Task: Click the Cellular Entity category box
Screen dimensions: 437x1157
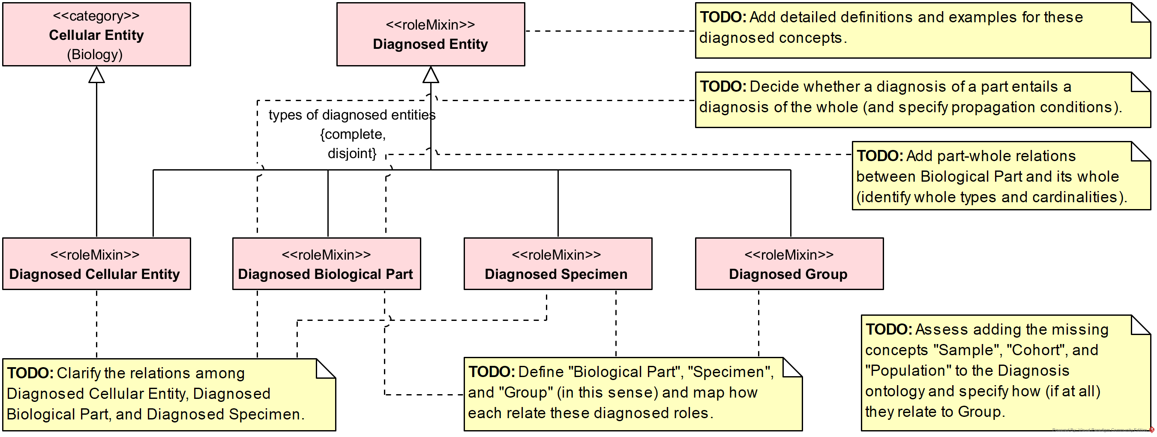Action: (x=96, y=35)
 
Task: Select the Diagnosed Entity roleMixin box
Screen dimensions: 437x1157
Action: (x=430, y=35)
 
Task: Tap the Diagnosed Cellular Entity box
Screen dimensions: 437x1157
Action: (x=96, y=264)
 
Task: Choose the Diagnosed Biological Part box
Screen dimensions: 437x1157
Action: (x=327, y=264)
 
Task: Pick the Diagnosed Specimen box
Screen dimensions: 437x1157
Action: (x=558, y=264)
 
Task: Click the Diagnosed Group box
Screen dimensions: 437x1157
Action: (x=789, y=264)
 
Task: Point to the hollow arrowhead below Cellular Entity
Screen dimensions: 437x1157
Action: (x=96, y=75)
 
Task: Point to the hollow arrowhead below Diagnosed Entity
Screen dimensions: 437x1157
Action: (x=431, y=75)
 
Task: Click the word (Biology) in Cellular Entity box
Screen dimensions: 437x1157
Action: (x=95, y=54)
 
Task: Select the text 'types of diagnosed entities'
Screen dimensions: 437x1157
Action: (x=352, y=115)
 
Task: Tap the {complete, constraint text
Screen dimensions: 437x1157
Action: (x=353, y=134)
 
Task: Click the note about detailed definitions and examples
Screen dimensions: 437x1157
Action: (x=921, y=30)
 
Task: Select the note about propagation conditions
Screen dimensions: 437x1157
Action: (x=921, y=100)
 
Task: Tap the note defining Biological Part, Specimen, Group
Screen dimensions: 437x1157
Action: (x=632, y=394)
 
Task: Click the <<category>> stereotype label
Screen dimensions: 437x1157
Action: (x=96, y=16)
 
